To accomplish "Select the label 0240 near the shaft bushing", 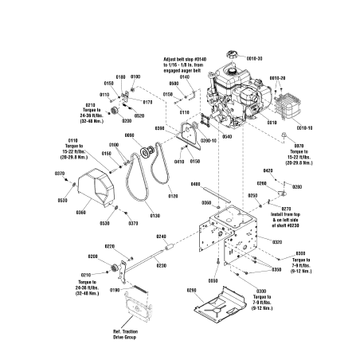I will (x=161, y=237).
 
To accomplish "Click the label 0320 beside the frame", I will (x=277, y=241).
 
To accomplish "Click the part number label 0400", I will (x=195, y=184).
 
